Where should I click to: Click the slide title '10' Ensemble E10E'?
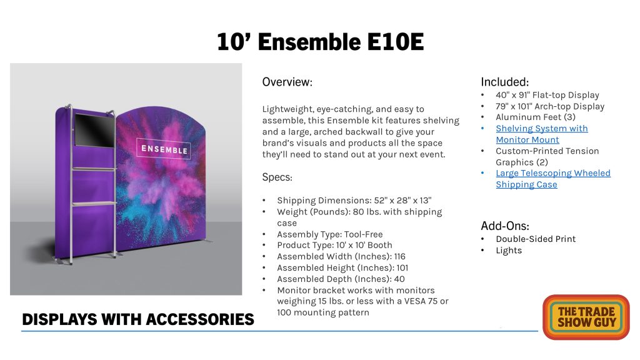pyautogui.click(x=321, y=42)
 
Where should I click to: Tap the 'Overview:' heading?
pyautogui.click(x=287, y=82)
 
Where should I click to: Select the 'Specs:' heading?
pyautogui.click(x=277, y=177)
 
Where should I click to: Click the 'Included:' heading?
pyautogui.click(x=505, y=82)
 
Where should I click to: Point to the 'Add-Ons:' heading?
pyautogui.click(x=505, y=226)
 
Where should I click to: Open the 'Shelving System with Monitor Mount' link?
pyautogui.click(x=542, y=134)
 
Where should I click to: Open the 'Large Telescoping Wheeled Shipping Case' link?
pyautogui.click(x=553, y=179)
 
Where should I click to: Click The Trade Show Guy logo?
pyautogui.click(x=586, y=317)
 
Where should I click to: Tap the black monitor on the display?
pyautogui.click(x=94, y=130)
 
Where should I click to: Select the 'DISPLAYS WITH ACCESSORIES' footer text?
pyautogui.click(x=138, y=319)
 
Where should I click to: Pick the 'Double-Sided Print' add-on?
pyautogui.click(x=536, y=239)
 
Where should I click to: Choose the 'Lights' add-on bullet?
pyautogui.click(x=509, y=250)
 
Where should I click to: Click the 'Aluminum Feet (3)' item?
pyautogui.click(x=536, y=117)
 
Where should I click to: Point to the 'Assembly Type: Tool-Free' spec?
pyautogui.click(x=330, y=234)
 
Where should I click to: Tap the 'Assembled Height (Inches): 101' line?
pyautogui.click(x=342, y=267)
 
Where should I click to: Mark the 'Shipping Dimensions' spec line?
pyautogui.click(x=354, y=201)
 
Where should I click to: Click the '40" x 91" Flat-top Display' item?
pyautogui.click(x=547, y=95)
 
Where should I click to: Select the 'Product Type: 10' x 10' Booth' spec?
pyautogui.click(x=334, y=245)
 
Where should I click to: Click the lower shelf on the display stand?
pyautogui.click(x=94, y=203)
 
